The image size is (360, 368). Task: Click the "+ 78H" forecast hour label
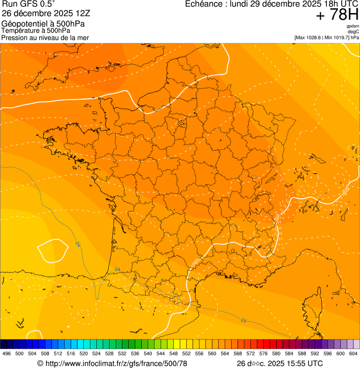point(337,15)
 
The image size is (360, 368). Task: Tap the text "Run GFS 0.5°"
point(29,4)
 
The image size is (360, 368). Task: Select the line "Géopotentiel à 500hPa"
point(43,24)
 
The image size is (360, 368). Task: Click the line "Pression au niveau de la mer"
point(45,37)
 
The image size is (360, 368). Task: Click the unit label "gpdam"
point(353,26)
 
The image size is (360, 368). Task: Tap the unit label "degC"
point(353,32)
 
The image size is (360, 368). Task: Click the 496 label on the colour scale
point(7,354)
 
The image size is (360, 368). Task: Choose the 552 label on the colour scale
point(186,354)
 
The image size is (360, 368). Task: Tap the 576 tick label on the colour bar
point(264,354)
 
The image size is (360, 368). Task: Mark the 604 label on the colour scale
point(353,354)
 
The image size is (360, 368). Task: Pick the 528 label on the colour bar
point(109,354)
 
